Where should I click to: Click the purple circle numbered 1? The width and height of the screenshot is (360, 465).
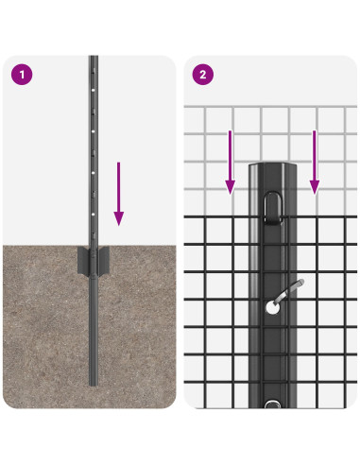tap(22, 75)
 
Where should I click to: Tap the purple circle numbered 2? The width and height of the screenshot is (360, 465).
tap(203, 75)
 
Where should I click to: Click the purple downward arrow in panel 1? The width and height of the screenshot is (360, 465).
tap(118, 194)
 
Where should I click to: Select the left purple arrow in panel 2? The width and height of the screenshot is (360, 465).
tap(231, 163)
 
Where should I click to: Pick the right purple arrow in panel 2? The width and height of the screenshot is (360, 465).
tap(315, 163)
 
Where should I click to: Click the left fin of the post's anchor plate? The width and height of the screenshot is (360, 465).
tap(83, 260)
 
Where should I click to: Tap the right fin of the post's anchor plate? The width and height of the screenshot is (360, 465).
tap(104, 260)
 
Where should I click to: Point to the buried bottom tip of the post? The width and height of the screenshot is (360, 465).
tap(94, 385)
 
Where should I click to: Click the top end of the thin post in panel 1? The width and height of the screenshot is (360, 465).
tap(94, 58)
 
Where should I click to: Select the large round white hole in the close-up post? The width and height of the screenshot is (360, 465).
tap(272, 308)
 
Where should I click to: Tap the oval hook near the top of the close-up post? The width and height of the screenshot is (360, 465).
tap(273, 208)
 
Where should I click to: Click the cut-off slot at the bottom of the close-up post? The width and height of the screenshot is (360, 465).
tap(273, 405)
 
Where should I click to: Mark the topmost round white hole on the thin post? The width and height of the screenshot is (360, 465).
tap(94, 90)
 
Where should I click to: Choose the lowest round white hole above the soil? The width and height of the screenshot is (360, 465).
tap(94, 215)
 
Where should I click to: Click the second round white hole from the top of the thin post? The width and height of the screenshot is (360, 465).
tap(94, 131)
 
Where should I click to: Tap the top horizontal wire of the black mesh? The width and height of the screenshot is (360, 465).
tap(270, 217)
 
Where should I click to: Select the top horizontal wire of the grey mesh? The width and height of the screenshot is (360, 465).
tap(270, 107)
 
